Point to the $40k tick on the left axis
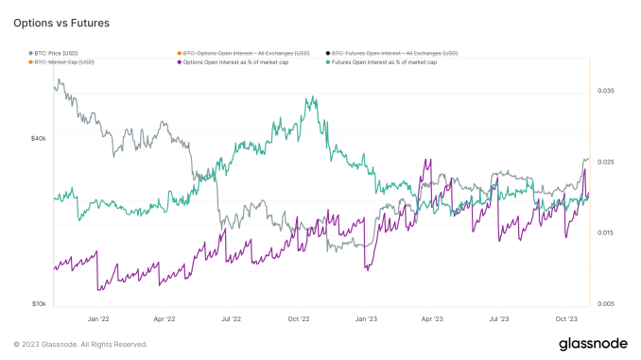(x=38, y=138)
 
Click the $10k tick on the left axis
(x=38, y=304)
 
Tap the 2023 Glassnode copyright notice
(x=80, y=344)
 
